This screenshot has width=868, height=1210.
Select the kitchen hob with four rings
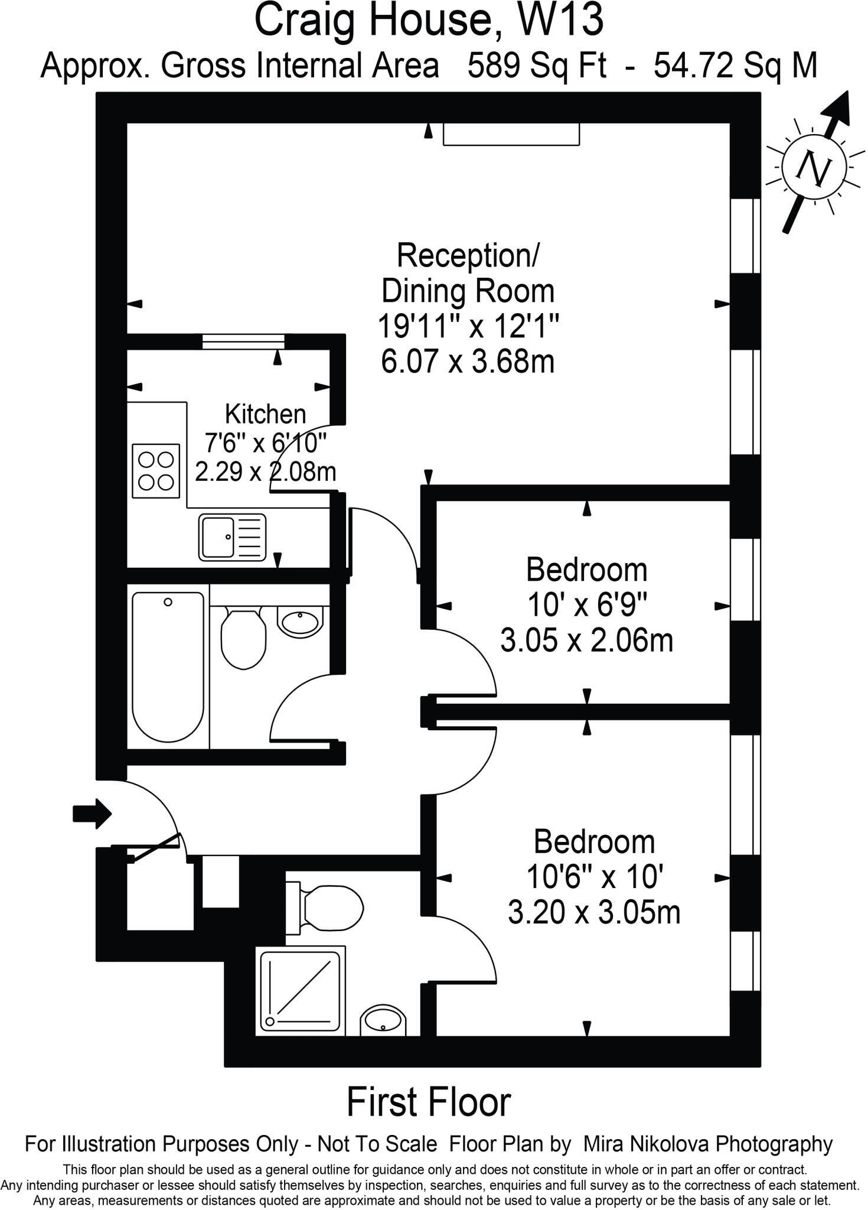(x=156, y=470)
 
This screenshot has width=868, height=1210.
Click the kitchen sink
(x=233, y=536)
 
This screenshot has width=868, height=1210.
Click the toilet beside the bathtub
(x=243, y=638)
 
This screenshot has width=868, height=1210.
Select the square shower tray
(x=301, y=990)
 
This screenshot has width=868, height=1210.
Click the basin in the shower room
(x=383, y=1020)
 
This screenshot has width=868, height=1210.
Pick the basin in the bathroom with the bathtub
(x=300, y=622)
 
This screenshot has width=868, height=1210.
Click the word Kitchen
(x=266, y=414)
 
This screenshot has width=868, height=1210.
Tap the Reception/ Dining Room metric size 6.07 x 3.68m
(x=468, y=362)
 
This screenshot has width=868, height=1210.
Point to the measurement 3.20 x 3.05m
(x=594, y=912)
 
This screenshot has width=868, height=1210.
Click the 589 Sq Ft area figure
(x=537, y=66)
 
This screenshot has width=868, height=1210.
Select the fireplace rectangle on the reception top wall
(x=511, y=134)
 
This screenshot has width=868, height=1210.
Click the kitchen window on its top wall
(x=243, y=341)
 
